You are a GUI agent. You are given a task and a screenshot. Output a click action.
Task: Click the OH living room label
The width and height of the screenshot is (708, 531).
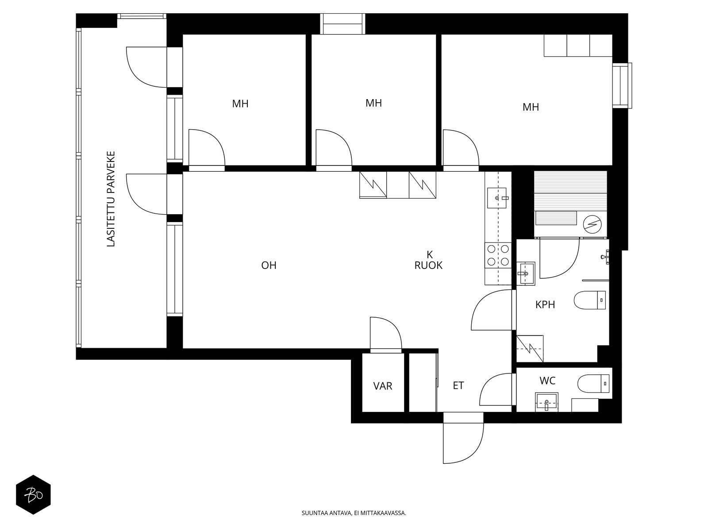click(x=269, y=265)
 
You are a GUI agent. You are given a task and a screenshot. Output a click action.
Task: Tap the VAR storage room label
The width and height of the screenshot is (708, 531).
click(x=383, y=385)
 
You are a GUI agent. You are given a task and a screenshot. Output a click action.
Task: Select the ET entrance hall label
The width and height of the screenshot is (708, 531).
click(x=458, y=385)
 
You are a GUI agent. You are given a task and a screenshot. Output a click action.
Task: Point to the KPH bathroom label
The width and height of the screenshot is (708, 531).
click(x=545, y=304)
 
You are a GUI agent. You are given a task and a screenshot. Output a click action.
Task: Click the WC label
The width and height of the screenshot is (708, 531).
click(x=547, y=381)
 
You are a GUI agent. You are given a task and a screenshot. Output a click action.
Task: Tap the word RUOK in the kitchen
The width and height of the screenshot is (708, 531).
click(x=428, y=265)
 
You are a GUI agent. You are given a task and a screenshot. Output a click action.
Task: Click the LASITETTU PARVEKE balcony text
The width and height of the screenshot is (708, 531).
click(x=111, y=199)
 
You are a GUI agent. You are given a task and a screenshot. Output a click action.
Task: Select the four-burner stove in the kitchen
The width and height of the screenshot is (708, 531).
click(x=498, y=255)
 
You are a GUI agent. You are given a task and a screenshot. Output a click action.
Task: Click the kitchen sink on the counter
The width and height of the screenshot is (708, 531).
click(x=498, y=198)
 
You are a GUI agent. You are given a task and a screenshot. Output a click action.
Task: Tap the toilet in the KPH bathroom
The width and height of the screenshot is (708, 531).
click(x=589, y=300)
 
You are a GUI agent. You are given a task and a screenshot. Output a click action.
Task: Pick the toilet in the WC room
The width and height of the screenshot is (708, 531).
click(x=593, y=384)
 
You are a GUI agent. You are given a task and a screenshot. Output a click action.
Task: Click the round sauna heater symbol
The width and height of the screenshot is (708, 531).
click(x=593, y=223)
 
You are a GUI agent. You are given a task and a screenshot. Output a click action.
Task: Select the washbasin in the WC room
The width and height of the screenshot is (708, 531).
click(x=547, y=402)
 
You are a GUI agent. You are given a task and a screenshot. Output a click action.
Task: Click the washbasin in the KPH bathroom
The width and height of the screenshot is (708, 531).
click(x=525, y=273)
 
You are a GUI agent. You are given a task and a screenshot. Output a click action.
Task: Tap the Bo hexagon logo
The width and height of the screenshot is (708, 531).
click(x=34, y=495)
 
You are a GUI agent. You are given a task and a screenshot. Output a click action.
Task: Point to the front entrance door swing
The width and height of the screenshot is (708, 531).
click(x=463, y=443)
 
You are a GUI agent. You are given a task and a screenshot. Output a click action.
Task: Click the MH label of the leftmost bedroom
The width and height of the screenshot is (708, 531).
click(x=240, y=104)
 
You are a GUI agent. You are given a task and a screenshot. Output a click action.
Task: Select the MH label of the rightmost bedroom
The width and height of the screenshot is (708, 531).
click(x=531, y=107)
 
